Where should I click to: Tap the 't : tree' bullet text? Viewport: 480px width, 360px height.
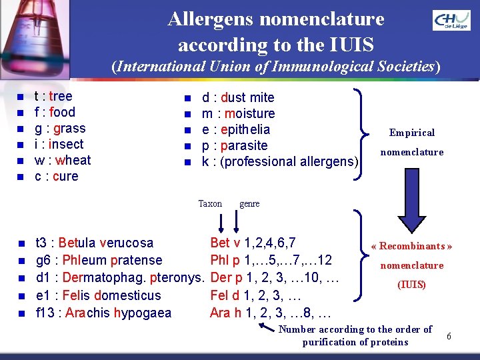click(x=53, y=96)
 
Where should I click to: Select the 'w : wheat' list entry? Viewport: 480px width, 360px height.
click(x=63, y=160)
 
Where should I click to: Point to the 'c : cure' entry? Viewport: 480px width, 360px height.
click(x=56, y=176)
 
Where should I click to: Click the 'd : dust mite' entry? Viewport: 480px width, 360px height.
click(x=238, y=97)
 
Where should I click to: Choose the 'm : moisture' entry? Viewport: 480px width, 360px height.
click(x=238, y=113)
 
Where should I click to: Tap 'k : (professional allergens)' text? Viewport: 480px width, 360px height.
click(x=280, y=161)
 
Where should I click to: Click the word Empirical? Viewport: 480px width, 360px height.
click(x=412, y=133)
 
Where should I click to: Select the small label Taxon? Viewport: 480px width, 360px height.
click(x=210, y=203)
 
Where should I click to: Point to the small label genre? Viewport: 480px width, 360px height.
click(x=249, y=203)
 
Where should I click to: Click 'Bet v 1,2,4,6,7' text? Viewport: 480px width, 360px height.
click(x=253, y=243)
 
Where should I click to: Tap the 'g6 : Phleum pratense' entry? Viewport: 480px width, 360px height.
click(x=99, y=260)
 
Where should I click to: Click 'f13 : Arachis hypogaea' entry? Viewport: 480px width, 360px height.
click(x=103, y=313)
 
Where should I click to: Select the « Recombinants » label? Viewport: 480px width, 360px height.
click(x=411, y=247)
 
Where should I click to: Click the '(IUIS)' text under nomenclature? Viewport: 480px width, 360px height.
click(x=411, y=285)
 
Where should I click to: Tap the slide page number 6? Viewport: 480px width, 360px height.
click(x=449, y=335)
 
